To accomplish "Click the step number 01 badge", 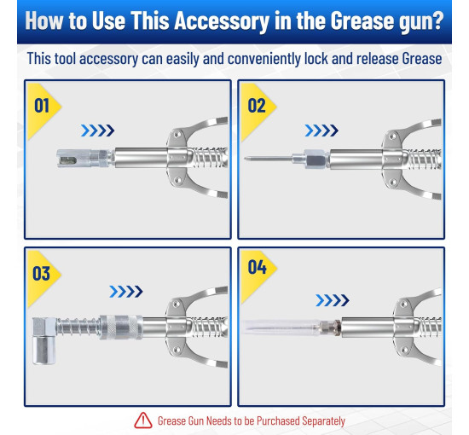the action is pyautogui.click(x=42, y=106).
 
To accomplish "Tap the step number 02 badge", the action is pyautogui.click(x=257, y=106).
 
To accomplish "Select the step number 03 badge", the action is pyautogui.click(x=42, y=274).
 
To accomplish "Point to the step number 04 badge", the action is pyautogui.click(x=257, y=267).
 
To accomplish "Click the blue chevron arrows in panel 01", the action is pyautogui.click(x=97, y=130).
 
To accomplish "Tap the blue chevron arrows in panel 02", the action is pyautogui.click(x=321, y=130).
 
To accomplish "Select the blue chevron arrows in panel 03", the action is pyautogui.click(x=126, y=292).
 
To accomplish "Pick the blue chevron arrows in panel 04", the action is pyautogui.click(x=333, y=300).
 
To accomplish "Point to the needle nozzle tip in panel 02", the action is pyautogui.click(x=245, y=159).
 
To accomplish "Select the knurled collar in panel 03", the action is pyautogui.click(x=120, y=327).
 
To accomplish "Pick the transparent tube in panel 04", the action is pyautogui.click(x=281, y=328).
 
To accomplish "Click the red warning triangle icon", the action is pyautogui.click(x=143, y=420).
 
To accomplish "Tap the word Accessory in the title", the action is pyautogui.click(x=222, y=21).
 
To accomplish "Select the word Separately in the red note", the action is pyautogui.click(x=323, y=421).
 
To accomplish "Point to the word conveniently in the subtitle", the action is pyautogui.click(x=264, y=59).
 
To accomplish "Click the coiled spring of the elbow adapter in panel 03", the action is pyautogui.click(x=78, y=327).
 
